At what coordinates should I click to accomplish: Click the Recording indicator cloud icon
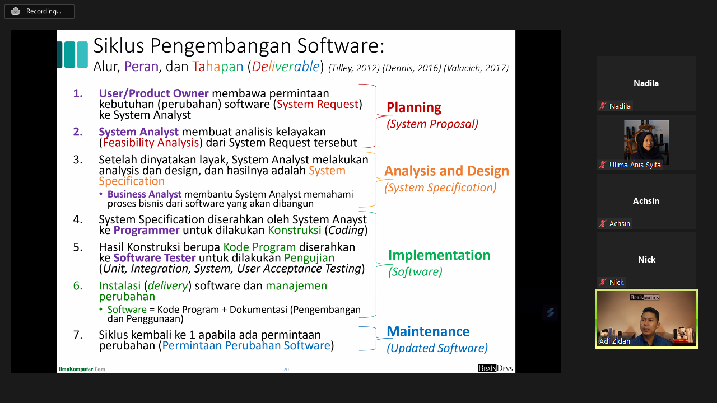pyautogui.click(x=15, y=12)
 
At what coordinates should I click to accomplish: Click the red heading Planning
pyautogui.click(x=414, y=108)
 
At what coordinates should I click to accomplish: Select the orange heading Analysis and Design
pyautogui.click(x=446, y=171)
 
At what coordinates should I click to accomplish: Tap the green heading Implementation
pyautogui.click(x=439, y=255)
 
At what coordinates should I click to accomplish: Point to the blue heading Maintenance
pyautogui.click(x=428, y=331)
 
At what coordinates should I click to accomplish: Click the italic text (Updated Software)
pyautogui.click(x=437, y=348)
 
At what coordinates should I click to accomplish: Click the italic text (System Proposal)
pyautogui.click(x=432, y=124)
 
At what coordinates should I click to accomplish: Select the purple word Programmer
pyautogui.click(x=146, y=230)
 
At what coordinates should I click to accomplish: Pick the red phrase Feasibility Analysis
pyautogui.click(x=151, y=143)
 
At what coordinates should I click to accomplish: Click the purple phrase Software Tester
pyautogui.click(x=154, y=258)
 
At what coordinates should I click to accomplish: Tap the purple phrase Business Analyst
pyautogui.click(x=145, y=194)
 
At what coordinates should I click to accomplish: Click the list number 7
pyautogui.click(x=78, y=335)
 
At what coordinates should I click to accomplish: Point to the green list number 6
pyautogui.click(x=78, y=285)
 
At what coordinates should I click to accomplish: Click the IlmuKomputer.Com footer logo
pyautogui.click(x=82, y=369)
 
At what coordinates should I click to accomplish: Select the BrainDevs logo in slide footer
pyautogui.click(x=495, y=368)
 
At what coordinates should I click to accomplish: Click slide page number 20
pyautogui.click(x=286, y=369)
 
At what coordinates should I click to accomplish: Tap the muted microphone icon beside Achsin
pyautogui.click(x=603, y=223)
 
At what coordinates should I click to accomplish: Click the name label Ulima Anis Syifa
pyautogui.click(x=635, y=165)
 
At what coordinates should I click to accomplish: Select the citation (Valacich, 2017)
pyautogui.click(x=476, y=68)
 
